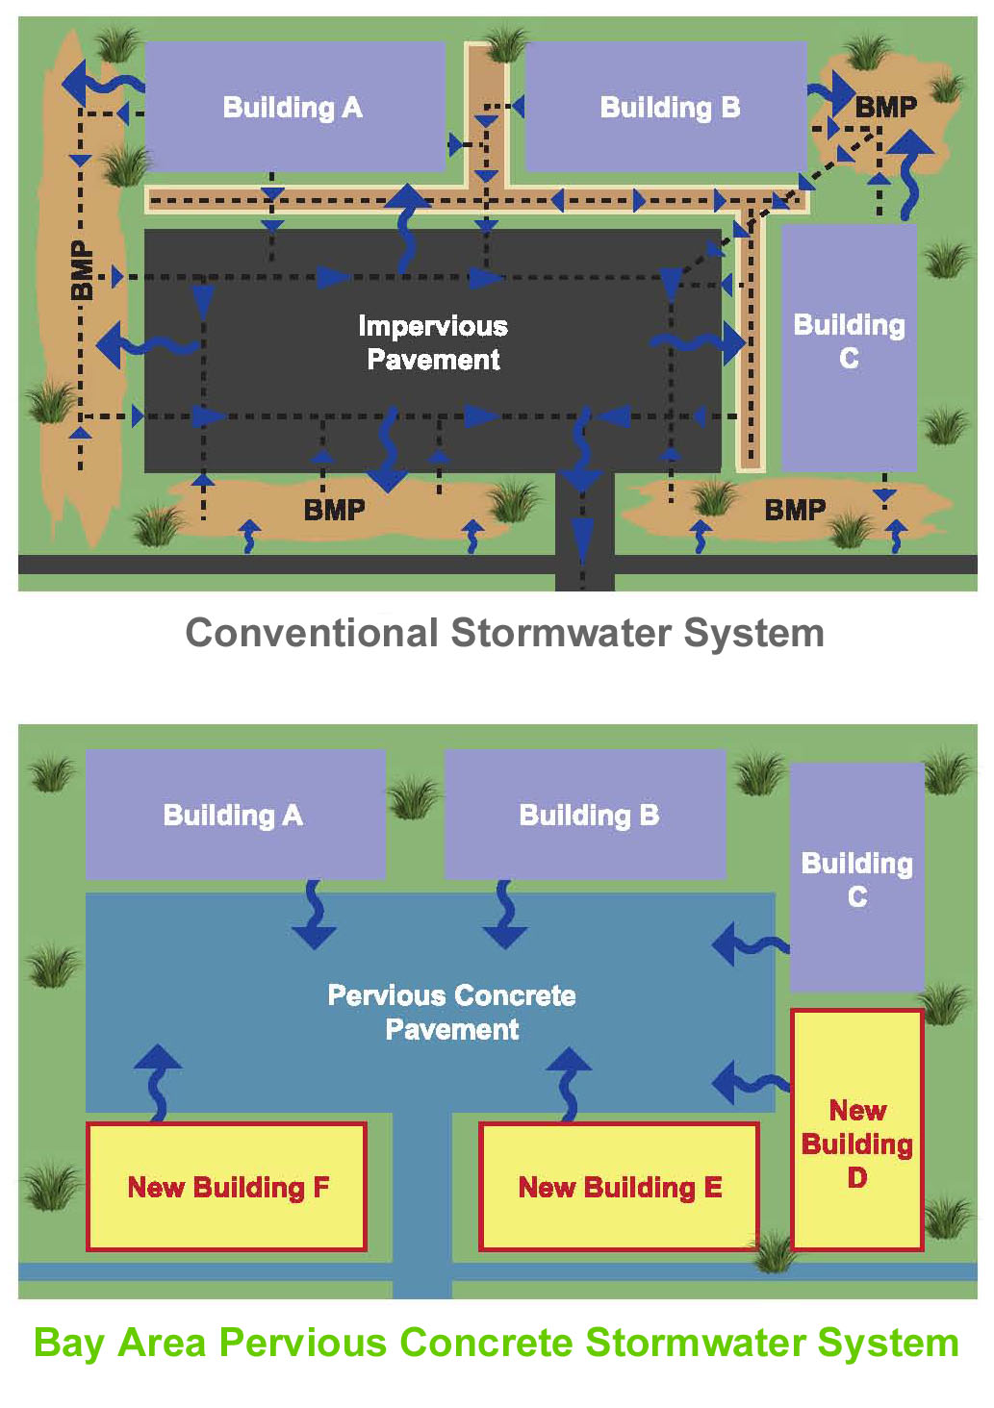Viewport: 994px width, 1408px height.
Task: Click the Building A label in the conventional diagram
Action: pos(293,107)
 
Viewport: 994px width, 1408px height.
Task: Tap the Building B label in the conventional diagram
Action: pos(670,107)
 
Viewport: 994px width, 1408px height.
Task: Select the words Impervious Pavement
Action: pos(433,342)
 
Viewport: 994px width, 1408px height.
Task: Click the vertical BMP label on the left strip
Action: pos(83,270)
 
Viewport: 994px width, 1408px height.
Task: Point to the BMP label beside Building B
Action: pos(885,107)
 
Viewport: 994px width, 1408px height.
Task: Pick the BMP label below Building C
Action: pos(795,510)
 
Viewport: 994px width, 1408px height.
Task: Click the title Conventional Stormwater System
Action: pos(504,633)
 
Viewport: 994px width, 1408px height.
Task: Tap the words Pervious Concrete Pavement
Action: pos(451,1012)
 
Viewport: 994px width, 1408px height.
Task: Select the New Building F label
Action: pos(228,1188)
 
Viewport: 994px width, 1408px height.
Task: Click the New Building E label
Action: pos(620,1188)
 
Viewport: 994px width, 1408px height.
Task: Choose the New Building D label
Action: pos(856,1144)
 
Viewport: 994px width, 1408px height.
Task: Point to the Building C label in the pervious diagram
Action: pos(856,879)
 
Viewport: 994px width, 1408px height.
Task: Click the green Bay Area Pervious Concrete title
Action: pos(496,1343)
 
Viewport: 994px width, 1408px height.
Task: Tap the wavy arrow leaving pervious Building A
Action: pos(314,916)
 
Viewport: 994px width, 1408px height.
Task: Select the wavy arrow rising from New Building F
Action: pos(158,1082)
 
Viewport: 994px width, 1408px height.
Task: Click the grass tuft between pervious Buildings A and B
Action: pos(413,797)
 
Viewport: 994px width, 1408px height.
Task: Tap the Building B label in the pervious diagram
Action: pos(589,816)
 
